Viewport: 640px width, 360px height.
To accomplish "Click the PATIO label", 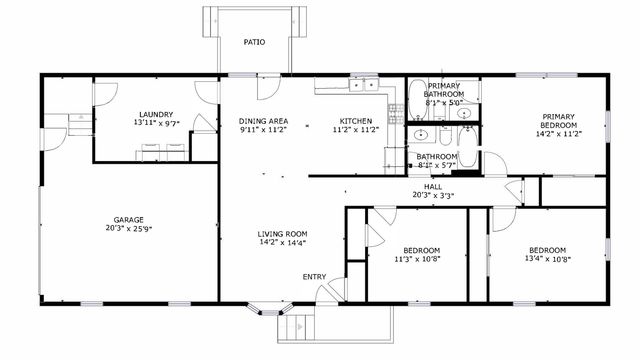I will (254, 42).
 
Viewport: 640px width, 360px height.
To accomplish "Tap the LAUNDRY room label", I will (156, 114).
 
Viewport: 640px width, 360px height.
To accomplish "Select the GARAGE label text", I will (128, 220).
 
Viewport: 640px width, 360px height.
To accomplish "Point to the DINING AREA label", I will (263, 121).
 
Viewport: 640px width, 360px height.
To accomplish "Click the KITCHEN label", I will (355, 121).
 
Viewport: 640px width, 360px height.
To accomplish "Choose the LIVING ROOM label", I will (282, 233).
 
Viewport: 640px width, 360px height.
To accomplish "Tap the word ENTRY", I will (314, 277).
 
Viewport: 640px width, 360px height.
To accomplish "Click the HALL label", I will (433, 186).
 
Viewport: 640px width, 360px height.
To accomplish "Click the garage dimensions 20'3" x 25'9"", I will (128, 230).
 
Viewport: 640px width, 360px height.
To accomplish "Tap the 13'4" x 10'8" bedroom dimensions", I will (547, 259).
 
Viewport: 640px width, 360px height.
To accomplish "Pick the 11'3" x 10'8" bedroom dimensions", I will (421, 259).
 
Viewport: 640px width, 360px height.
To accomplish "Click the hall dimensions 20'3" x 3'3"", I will (433, 196).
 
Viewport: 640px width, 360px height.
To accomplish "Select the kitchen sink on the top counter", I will (359, 86).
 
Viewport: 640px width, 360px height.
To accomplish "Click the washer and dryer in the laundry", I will (163, 152).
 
